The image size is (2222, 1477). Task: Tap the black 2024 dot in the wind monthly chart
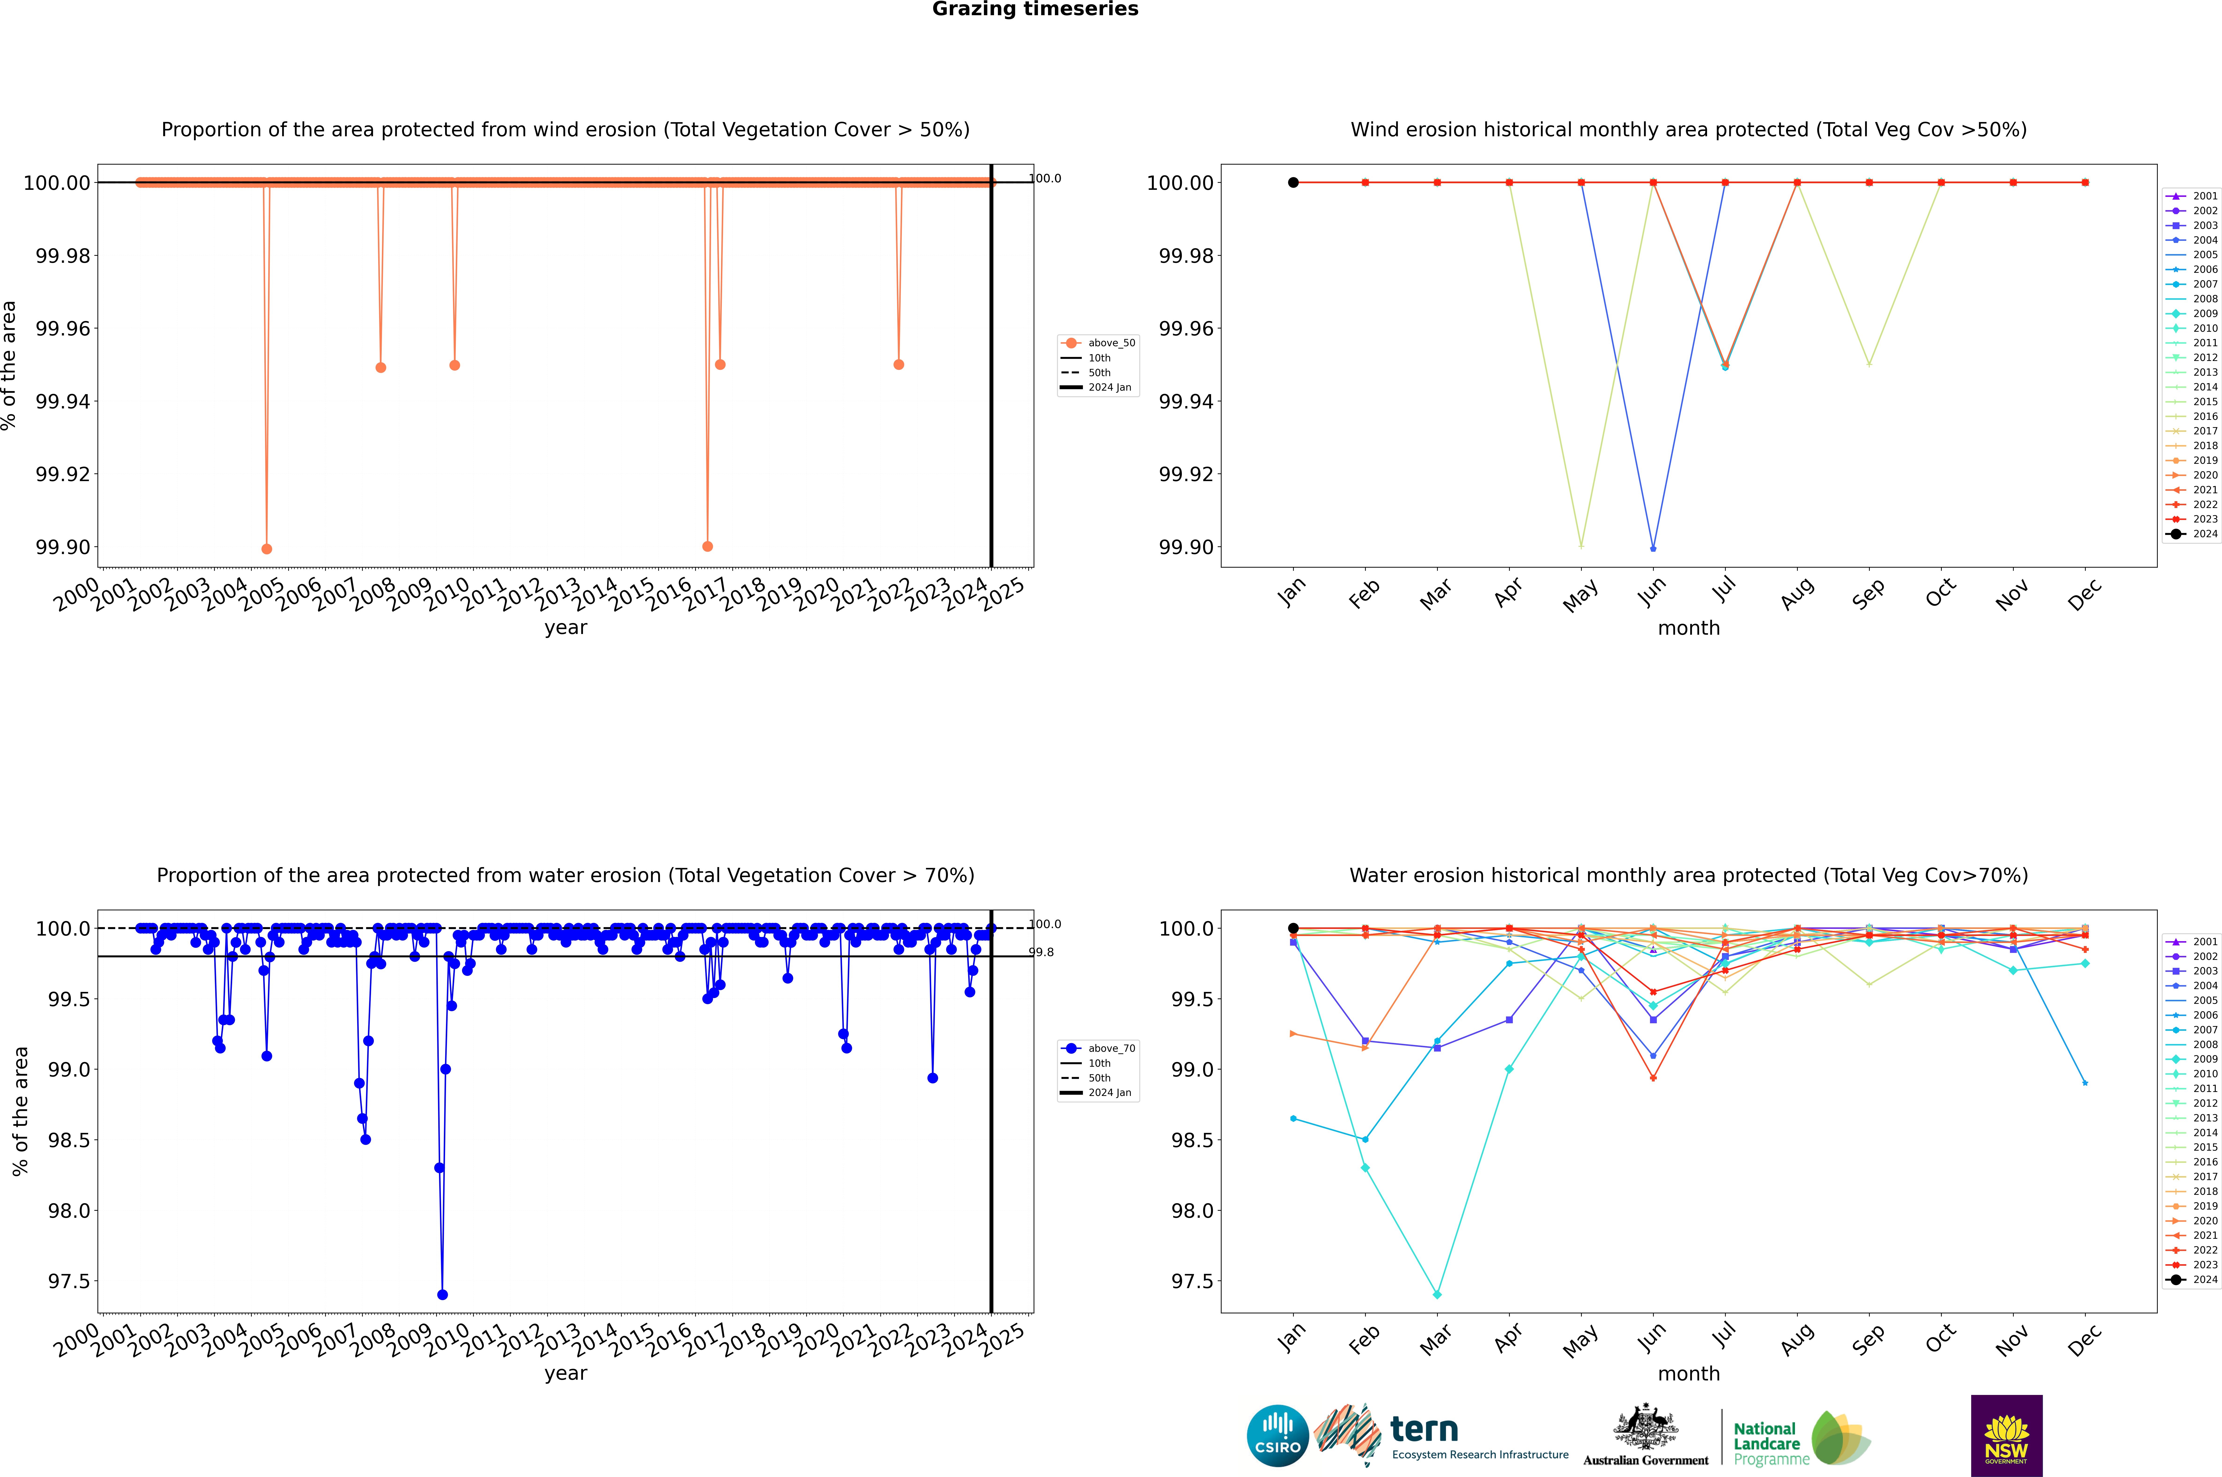tap(1293, 183)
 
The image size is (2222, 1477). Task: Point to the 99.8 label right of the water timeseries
tap(1041, 952)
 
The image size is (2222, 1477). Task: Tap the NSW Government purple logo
tap(2006, 1436)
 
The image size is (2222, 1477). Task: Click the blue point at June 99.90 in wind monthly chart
tap(1653, 548)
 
